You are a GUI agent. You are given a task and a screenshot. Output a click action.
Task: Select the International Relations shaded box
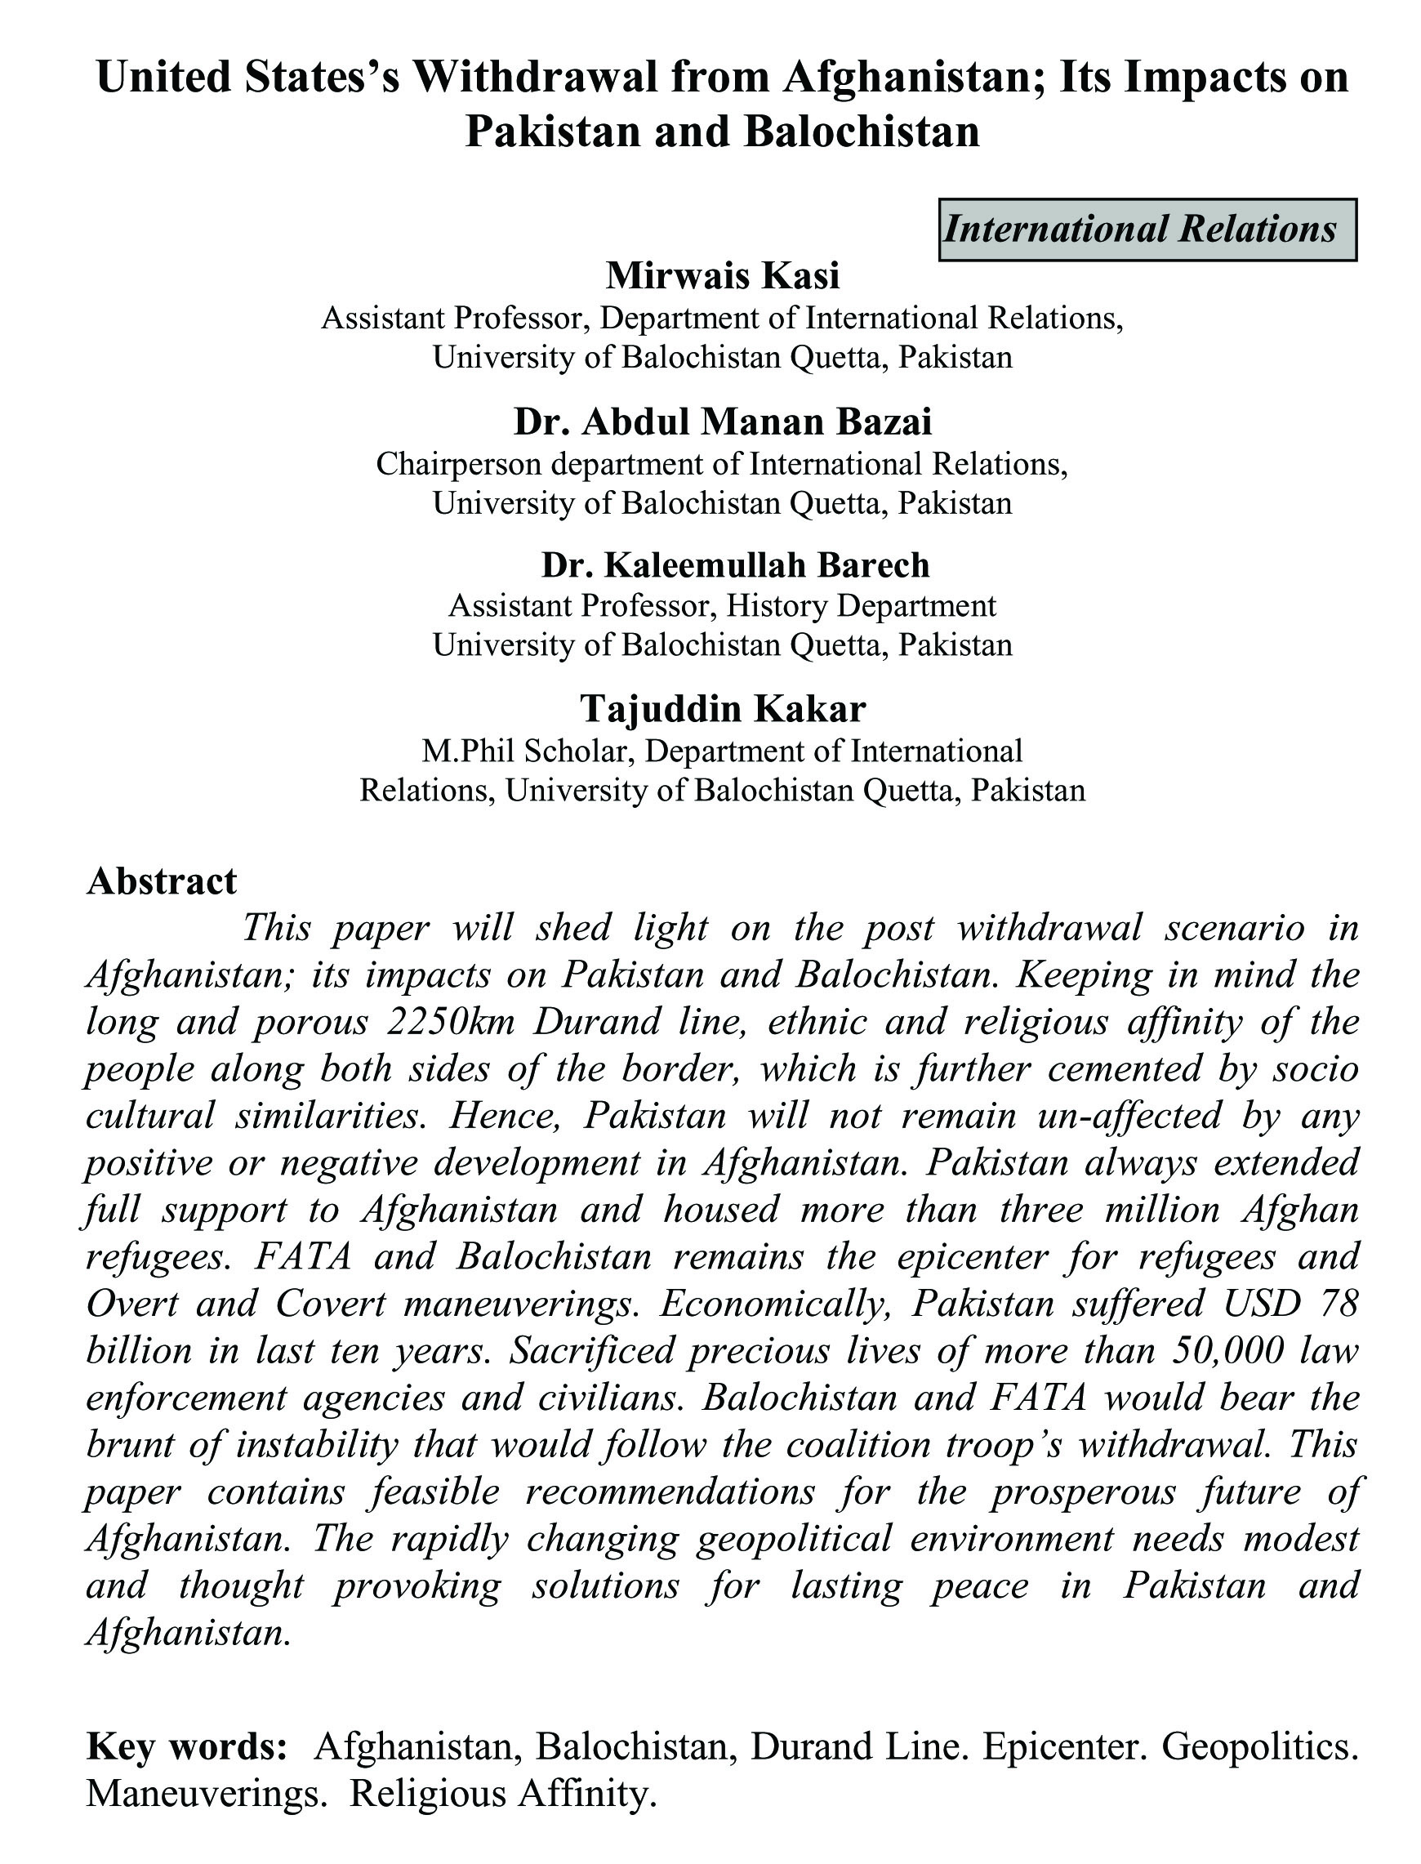1147,230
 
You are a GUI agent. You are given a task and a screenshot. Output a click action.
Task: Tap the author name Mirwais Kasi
722,276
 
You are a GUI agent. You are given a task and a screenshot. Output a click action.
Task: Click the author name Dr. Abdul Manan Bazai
722,421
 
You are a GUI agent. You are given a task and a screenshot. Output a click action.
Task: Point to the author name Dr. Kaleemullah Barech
735,564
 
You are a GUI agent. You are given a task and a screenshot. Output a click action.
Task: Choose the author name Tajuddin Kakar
722,709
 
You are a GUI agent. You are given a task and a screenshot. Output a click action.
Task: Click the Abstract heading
162,881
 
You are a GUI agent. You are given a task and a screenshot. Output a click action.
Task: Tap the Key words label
185,1745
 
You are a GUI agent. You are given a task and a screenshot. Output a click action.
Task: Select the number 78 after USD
1339,1303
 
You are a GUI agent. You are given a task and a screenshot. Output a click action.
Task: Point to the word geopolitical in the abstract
795,1537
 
